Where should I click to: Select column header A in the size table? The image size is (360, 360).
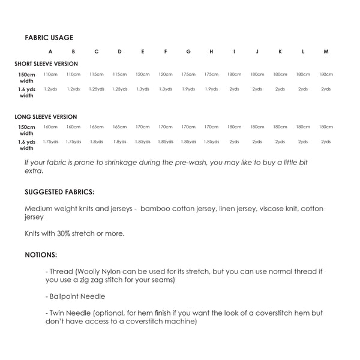point(50,52)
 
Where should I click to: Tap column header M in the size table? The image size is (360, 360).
point(326,52)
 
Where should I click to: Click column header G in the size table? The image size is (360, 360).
point(188,52)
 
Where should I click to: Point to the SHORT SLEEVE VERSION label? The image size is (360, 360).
point(46,64)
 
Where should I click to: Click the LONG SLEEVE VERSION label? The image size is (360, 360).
point(46,116)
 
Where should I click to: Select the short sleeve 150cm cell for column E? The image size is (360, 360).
point(143,74)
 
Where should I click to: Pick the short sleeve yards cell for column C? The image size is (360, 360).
point(97,89)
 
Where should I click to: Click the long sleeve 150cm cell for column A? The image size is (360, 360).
point(50,127)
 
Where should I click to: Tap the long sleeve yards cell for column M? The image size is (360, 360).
point(326,142)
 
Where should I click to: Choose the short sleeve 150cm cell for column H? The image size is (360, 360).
point(211,74)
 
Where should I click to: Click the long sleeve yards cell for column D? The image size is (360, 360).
point(119,142)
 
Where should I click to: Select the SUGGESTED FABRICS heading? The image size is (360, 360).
point(59,193)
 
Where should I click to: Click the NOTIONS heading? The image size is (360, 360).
point(41,254)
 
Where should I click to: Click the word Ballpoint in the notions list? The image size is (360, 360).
point(66,296)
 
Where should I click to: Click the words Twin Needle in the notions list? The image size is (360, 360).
point(68,313)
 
